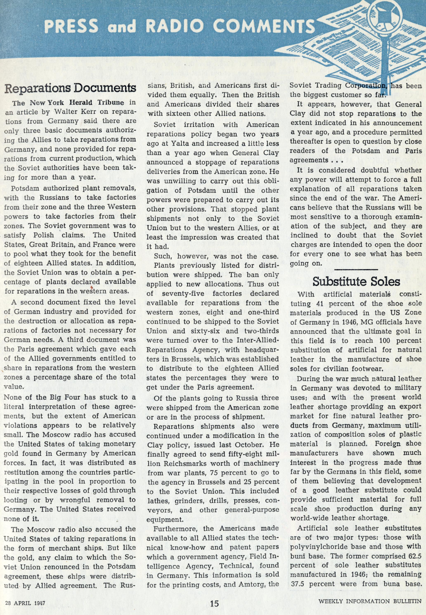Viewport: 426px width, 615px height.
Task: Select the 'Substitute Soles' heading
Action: tap(356, 282)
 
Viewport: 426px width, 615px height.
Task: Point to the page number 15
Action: tap(214, 596)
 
